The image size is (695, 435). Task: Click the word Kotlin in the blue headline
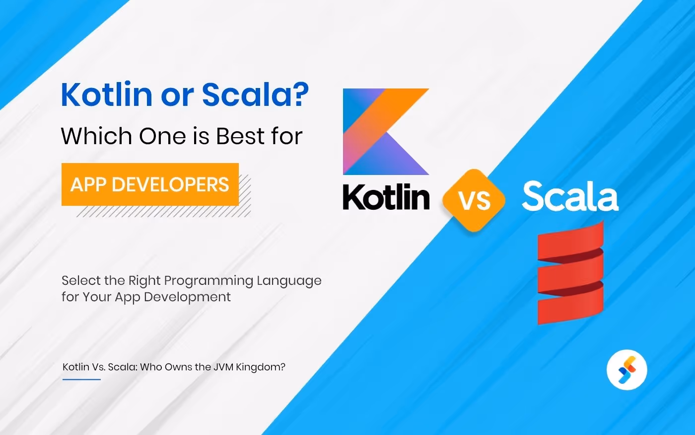pos(106,94)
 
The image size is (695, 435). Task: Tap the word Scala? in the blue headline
pos(255,94)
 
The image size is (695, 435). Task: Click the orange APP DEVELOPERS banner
pos(150,184)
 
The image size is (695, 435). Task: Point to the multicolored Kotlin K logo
pos(386,132)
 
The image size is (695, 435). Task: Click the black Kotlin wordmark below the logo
pos(386,197)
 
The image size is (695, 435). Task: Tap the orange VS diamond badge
pos(474,200)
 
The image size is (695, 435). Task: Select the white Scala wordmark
pos(570,197)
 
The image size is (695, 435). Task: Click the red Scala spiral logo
pos(570,272)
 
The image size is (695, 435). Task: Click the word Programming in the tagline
pos(208,281)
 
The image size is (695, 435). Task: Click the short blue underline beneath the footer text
pos(81,379)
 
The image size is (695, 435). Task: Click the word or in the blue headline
pos(177,95)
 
